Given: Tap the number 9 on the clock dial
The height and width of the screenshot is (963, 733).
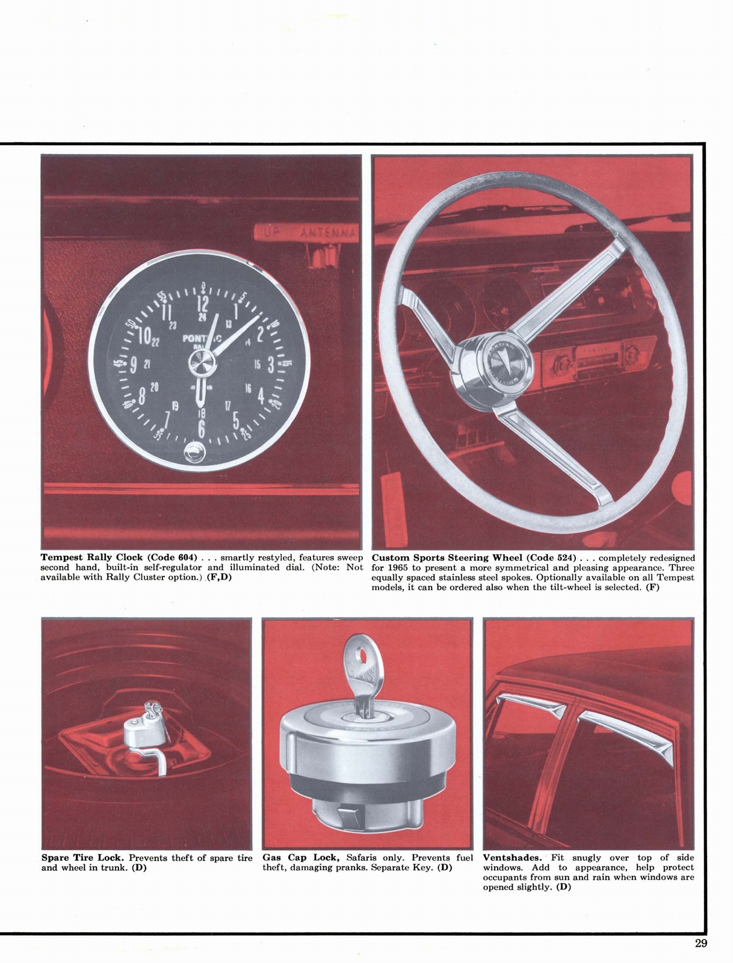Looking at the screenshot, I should point(133,365).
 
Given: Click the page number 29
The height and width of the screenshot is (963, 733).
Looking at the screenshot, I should point(701,943).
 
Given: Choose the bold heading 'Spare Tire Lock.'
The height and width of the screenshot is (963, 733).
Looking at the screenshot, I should point(83,858).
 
